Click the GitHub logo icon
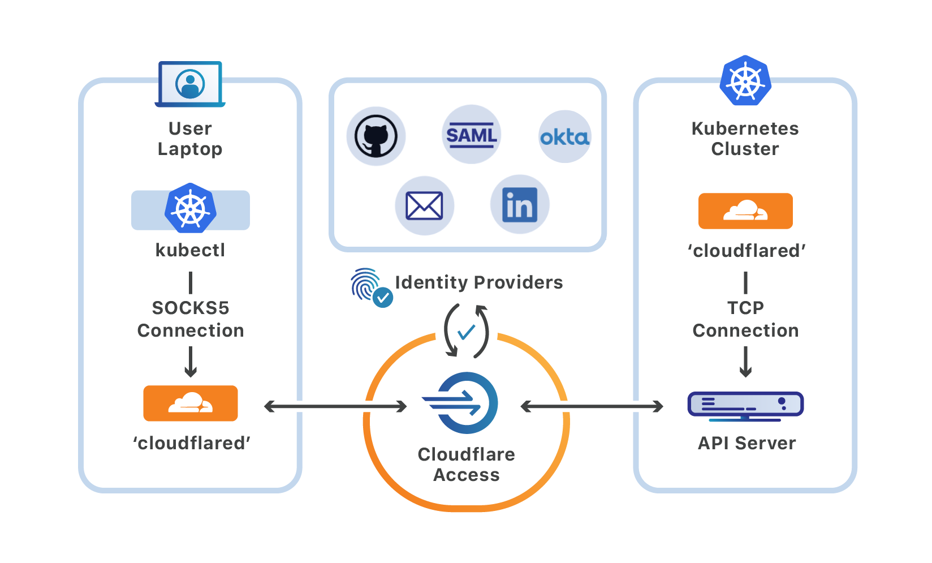376,136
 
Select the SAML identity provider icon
471,135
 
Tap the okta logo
564,137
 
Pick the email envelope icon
424,205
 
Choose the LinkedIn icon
519,204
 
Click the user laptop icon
190,84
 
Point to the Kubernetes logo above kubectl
191,208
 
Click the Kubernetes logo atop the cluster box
745,81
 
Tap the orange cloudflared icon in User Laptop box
191,403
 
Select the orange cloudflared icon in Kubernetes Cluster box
745,211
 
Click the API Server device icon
745,406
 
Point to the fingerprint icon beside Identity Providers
368,285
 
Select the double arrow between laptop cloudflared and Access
335,406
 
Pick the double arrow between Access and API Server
592,406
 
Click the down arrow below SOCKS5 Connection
191,362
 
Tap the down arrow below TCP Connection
745,362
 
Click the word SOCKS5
191,308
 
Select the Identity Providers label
478,282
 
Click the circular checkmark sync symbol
467,332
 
